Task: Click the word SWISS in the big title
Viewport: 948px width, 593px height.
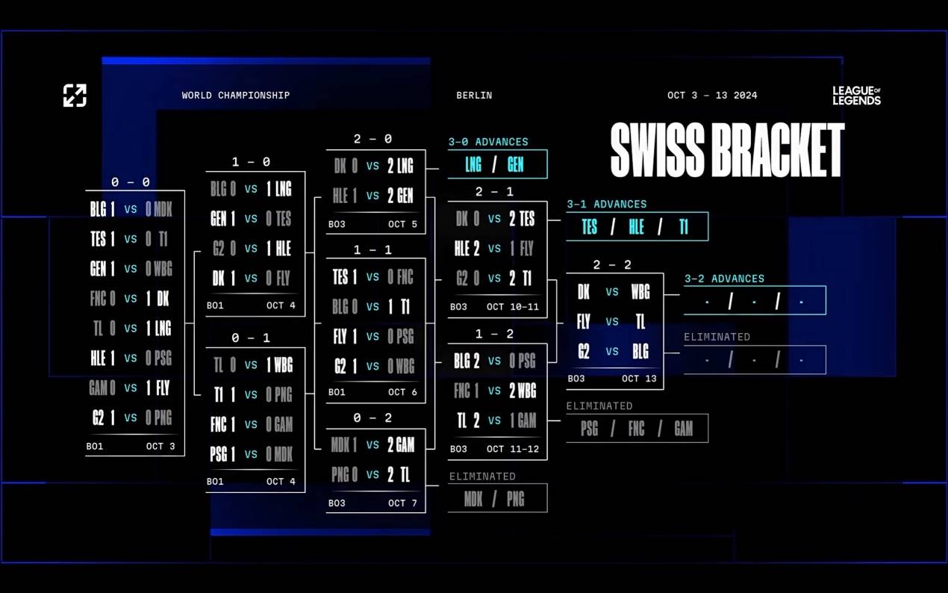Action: (x=658, y=150)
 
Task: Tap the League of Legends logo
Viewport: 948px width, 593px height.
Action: (x=857, y=96)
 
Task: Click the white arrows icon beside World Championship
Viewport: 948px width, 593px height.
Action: (x=75, y=96)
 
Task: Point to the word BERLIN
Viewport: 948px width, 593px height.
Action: (x=474, y=96)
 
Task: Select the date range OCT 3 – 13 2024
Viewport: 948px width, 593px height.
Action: (x=712, y=96)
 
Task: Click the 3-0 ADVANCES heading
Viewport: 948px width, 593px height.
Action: (x=488, y=141)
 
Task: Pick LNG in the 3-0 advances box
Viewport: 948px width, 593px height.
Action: (x=473, y=164)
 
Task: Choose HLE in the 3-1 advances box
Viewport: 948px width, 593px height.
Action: (x=636, y=226)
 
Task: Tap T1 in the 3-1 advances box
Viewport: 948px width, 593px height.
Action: (x=684, y=226)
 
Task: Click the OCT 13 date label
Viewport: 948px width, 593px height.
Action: (x=639, y=378)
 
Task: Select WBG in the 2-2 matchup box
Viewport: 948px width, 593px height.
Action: (x=640, y=292)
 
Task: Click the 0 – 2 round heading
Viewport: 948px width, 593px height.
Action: (x=372, y=418)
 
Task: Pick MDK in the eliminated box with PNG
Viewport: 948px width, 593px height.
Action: (x=473, y=499)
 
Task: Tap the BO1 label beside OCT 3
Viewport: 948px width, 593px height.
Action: (x=94, y=446)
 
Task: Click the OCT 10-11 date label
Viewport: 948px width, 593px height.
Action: (x=513, y=307)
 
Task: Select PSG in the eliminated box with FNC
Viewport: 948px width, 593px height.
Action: (x=589, y=428)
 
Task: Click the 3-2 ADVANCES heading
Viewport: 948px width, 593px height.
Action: (x=725, y=279)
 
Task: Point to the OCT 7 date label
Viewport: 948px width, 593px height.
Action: (x=402, y=503)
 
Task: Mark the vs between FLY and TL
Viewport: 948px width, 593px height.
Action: (x=612, y=321)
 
